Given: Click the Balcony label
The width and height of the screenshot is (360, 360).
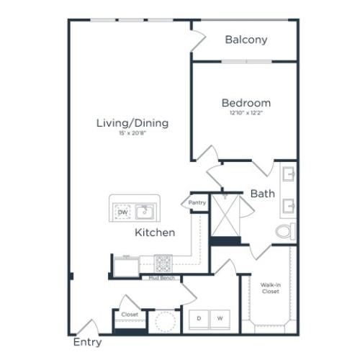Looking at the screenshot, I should coord(246,40).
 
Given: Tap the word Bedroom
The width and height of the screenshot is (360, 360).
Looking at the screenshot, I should coord(246,103).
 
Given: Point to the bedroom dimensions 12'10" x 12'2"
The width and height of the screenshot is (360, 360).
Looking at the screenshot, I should coord(246,114).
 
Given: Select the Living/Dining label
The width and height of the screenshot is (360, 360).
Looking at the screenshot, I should coord(132,123).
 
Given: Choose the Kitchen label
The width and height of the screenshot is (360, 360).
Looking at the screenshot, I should coord(155,233).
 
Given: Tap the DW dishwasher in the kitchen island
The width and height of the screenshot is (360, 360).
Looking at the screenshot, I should coord(122,212).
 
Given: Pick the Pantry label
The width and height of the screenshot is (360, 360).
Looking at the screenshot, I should coord(197,203).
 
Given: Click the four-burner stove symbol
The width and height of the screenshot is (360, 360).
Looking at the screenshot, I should coord(163,262).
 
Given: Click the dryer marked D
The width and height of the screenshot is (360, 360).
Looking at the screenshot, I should coord(199,318).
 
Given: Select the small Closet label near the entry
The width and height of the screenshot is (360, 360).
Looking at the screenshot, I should coord(130,315).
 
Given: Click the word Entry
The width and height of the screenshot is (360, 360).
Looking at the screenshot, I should coord(87,342).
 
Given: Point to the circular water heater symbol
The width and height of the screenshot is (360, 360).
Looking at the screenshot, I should coord(166,321).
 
